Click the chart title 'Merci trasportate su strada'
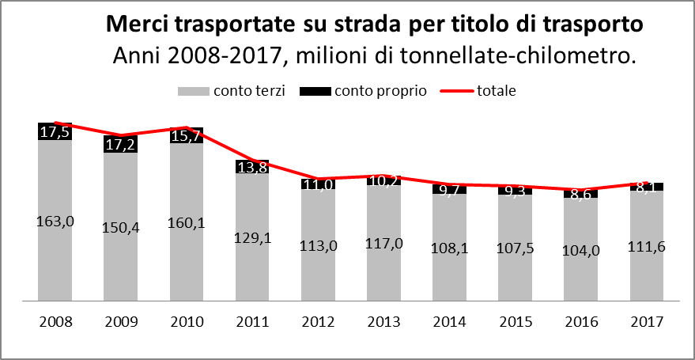(374, 25)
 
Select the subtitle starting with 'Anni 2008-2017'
(375, 55)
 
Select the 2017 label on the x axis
(646, 323)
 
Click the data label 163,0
(55, 221)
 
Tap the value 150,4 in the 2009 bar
(120, 228)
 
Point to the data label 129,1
(251, 238)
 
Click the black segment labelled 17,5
(55, 132)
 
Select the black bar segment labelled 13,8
(251, 167)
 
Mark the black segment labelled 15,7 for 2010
(186, 136)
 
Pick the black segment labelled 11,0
(317, 184)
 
